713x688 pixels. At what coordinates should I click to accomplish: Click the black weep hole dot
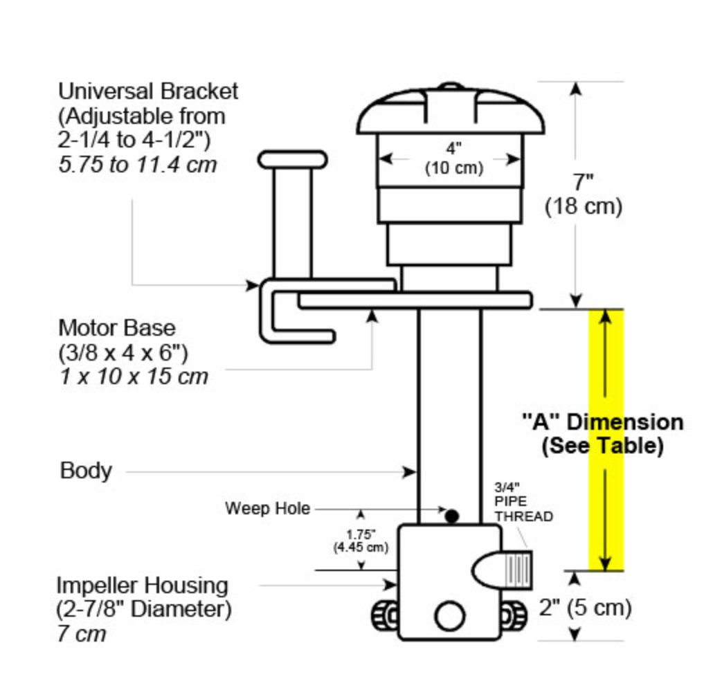[x=452, y=516]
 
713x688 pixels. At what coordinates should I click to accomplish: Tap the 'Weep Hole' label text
[x=267, y=509]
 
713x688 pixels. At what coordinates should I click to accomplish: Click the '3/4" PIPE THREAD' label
[x=523, y=502]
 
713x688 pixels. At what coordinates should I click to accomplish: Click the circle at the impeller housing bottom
[x=449, y=615]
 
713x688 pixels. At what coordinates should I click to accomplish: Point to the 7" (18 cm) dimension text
[x=583, y=194]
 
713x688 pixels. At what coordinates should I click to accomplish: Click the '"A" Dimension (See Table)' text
[x=602, y=433]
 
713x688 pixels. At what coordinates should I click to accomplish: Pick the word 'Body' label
[x=86, y=471]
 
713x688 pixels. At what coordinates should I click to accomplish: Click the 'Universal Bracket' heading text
[x=147, y=91]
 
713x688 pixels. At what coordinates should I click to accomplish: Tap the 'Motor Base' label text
[x=117, y=327]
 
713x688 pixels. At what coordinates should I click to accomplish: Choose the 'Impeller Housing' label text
[x=142, y=586]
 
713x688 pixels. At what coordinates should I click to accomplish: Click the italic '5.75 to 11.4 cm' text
[x=137, y=165]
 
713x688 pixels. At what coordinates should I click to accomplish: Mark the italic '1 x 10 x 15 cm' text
[x=133, y=376]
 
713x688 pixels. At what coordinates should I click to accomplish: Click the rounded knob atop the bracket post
[x=293, y=160]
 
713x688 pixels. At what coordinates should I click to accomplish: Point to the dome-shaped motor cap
[x=451, y=111]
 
